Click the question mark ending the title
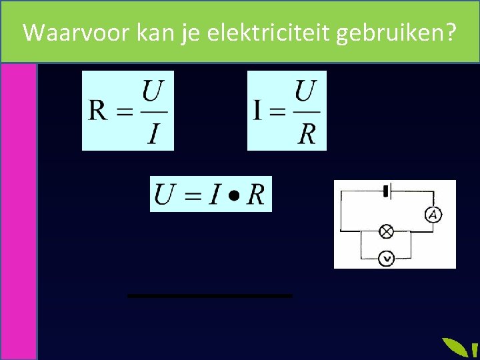pyautogui.click(x=451, y=32)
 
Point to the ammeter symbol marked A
pyautogui.click(x=433, y=214)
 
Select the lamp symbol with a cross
pyautogui.click(x=386, y=231)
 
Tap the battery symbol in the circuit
pyautogui.click(x=386, y=192)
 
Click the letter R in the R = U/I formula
pyautogui.click(x=98, y=110)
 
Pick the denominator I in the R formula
pyautogui.click(x=153, y=133)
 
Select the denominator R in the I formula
pyautogui.click(x=306, y=133)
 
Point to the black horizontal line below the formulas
pyautogui.click(x=210, y=295)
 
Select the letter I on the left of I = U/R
pyautogui.click(x=257, y=110)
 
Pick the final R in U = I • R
pyautogui.click(x=255, y=195)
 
